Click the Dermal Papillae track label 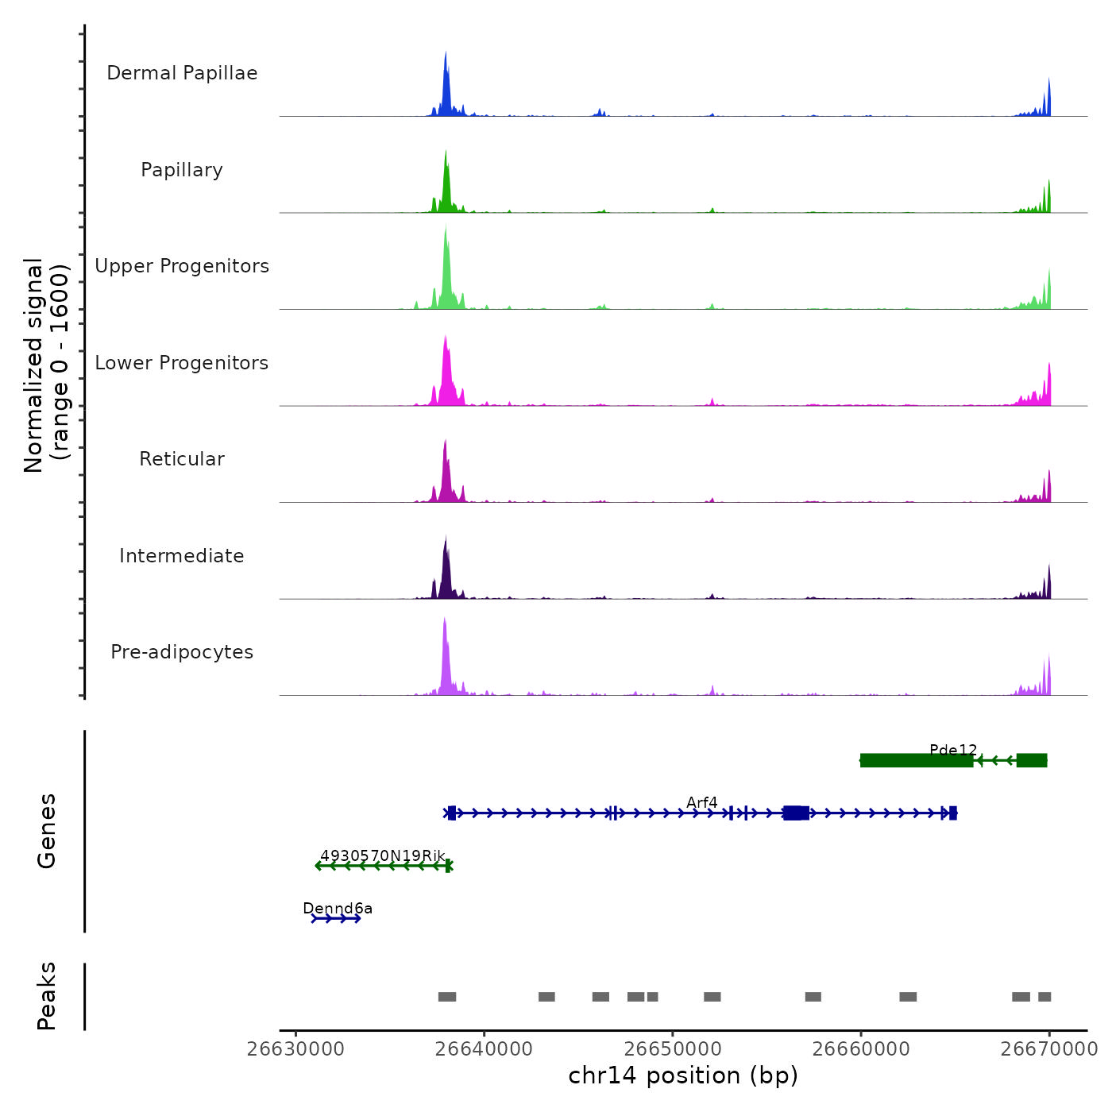point(182,73)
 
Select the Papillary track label point(182,170)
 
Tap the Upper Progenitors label point(182,266)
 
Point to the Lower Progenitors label point(182,363)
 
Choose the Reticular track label point(182,459)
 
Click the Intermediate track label point(182,556)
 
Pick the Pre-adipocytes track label point(182,652)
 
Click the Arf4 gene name point(702,802)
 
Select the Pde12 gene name point(953,750)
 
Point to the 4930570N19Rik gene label point(383,855)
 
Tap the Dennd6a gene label point(338,908)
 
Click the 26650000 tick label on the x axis point(673,1048)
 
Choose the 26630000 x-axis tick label point(295,1048)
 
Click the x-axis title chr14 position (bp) point(683,1075)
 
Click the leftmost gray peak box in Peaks point(447,997)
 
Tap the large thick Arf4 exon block point(796,813)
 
